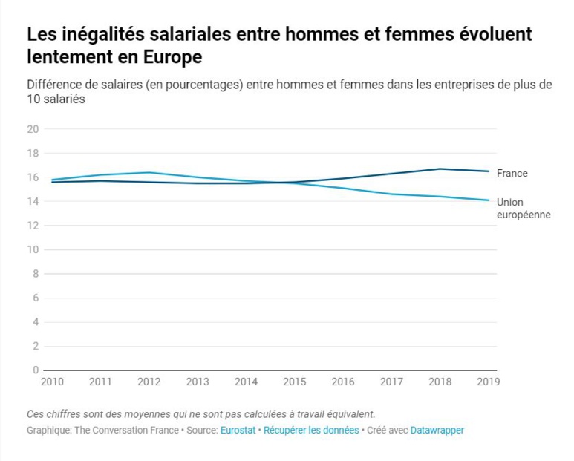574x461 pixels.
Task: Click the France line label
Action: (512, 173)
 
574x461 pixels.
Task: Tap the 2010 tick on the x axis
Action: (52, 382)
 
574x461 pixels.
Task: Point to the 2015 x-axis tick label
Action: (294, 382)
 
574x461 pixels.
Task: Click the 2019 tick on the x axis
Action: (488, 382)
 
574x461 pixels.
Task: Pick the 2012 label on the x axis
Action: (149, 382)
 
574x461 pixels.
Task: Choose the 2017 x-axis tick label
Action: (391, 382)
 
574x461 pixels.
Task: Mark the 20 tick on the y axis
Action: (32, 129)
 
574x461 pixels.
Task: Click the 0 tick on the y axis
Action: (35, 370)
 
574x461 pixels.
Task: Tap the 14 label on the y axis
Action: (32, 201)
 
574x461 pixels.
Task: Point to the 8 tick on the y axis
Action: (35, 274)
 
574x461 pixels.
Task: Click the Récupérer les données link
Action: (311, 430)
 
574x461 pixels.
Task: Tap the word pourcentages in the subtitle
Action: (198, 84)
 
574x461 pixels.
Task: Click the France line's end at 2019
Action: (488, 171)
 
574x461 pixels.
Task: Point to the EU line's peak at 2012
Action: (149, 172)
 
